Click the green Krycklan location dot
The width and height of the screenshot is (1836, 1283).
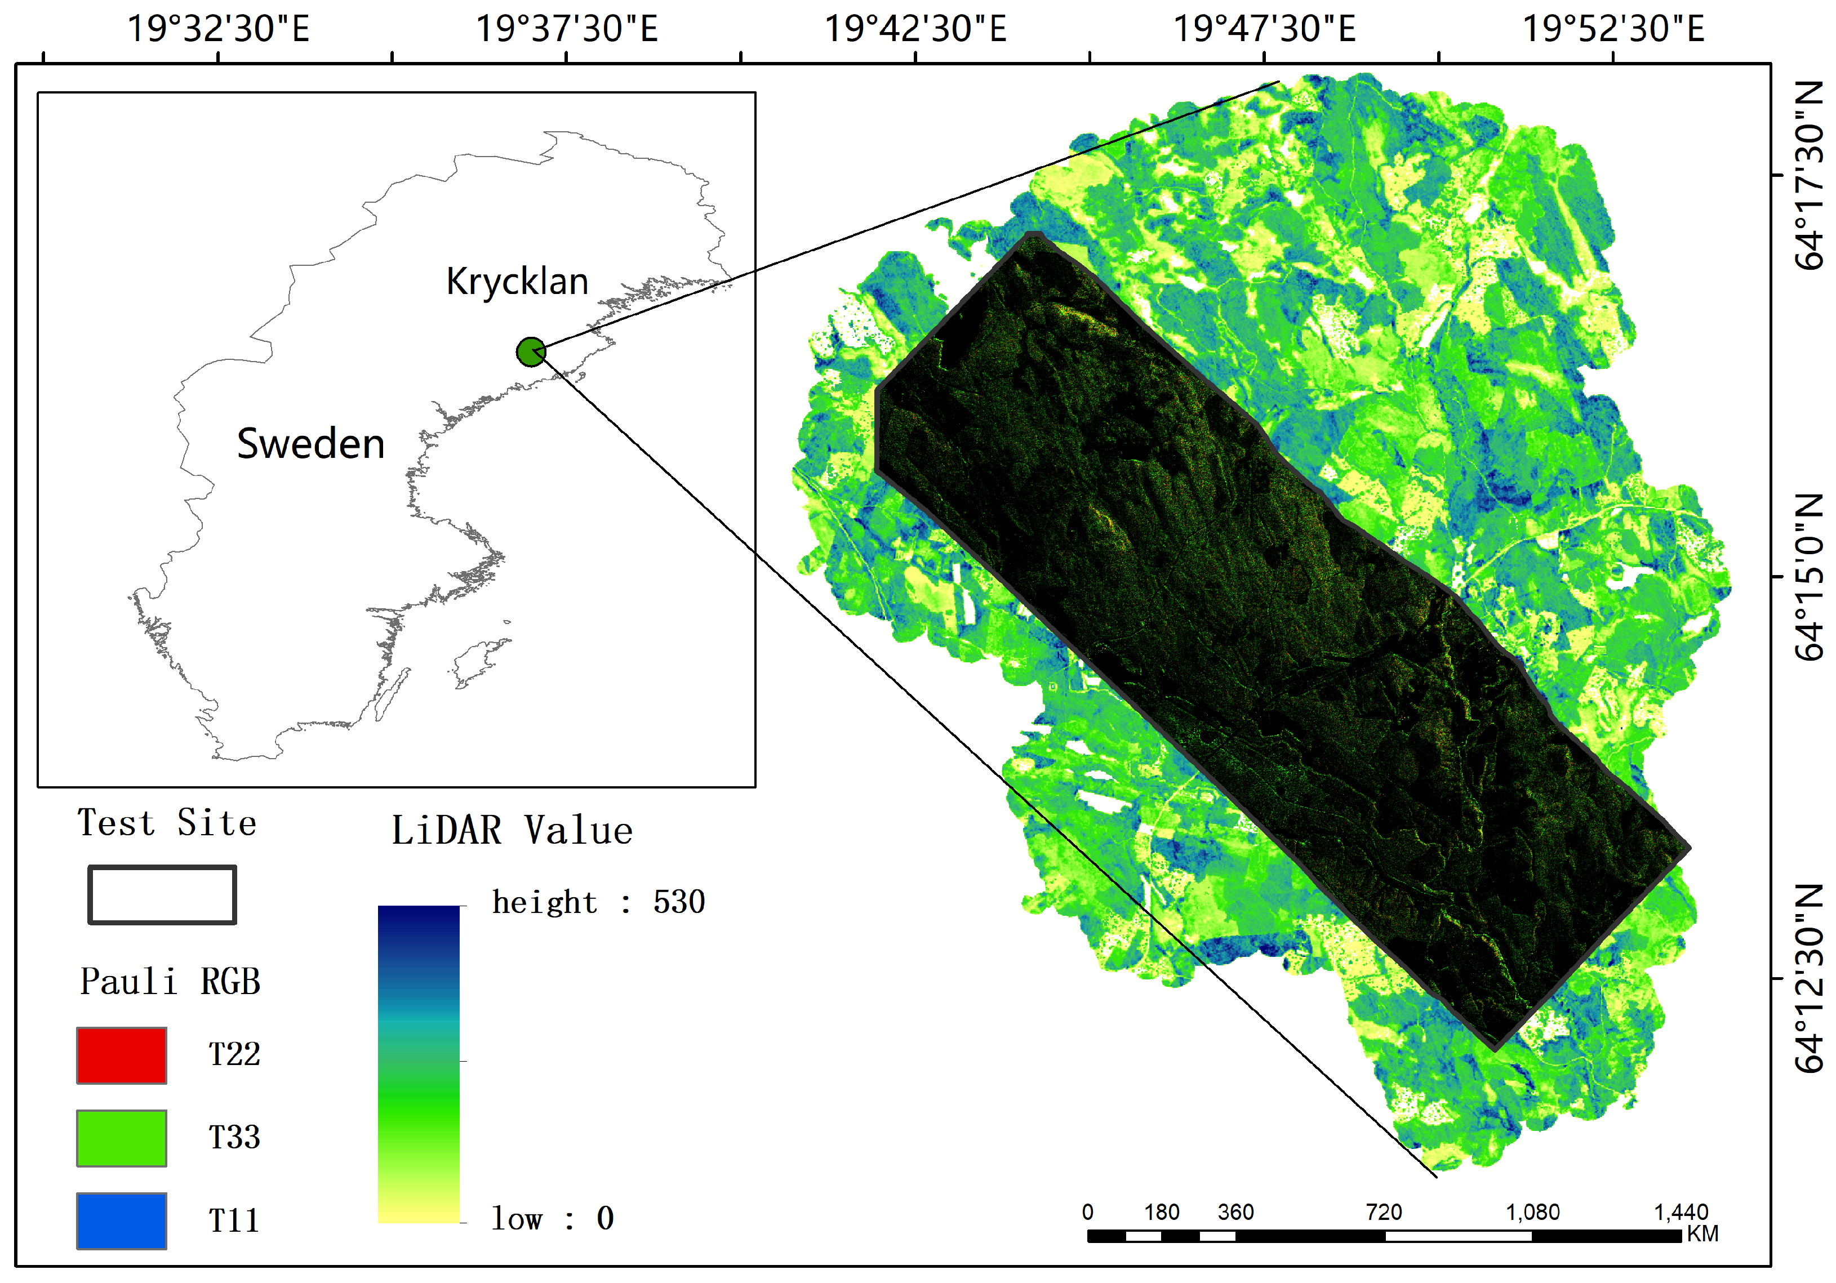tap(531, 351)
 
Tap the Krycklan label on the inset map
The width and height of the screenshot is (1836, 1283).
tap(517, 282)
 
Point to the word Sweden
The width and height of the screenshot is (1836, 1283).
tap(311, 444)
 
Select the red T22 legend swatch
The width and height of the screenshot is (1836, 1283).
tap(122, 1055)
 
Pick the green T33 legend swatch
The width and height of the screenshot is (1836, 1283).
tap(122, 1138)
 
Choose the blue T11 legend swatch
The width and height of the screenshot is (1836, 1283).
tap(122, 1220)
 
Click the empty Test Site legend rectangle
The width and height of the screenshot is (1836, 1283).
tap(162, 894)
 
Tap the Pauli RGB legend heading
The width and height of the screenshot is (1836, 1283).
tap(170, 982)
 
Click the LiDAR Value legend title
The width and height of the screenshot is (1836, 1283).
tap(512, 831)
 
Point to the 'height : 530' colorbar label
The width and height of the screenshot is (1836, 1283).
tap(598, 902)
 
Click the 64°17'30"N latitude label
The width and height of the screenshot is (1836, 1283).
tap(1810, 175)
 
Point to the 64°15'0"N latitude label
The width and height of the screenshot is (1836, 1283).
tap(1810, 576)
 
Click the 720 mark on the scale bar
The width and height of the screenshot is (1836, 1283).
tap(1384, 1213)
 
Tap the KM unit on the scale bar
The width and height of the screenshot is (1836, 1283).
tap(1702, 1233)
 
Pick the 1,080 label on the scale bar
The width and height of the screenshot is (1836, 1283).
tap(1532, 1213)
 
